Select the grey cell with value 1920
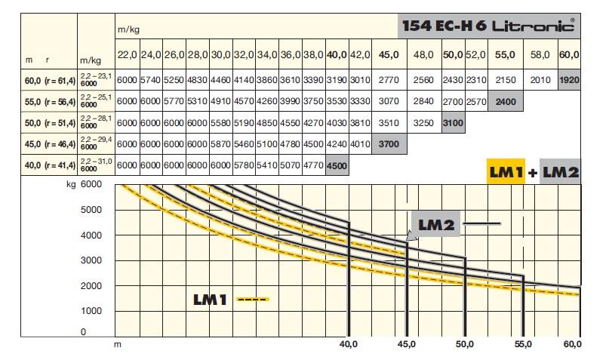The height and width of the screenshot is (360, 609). (569, 79)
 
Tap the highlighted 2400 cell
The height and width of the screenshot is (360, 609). (505, 100)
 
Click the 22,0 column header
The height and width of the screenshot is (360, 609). (126, 55)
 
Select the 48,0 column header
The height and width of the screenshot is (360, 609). (424, 55)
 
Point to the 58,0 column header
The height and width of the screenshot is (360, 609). (540, 55)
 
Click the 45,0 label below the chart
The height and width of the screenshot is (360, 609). (406, 344)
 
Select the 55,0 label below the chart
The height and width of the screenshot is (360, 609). (524, 344)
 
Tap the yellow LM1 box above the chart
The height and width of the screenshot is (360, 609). (506, 172)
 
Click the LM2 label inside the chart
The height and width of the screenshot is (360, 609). (435, 223)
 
